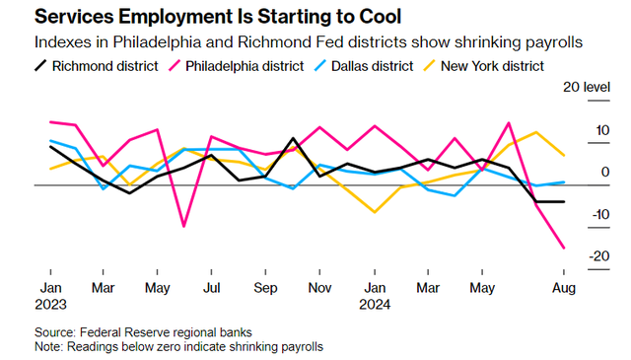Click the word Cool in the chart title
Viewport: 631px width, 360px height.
(x=381, y=17)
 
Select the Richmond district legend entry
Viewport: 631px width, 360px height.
(x=97, y=66)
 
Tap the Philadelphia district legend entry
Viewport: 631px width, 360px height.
(x=237, y=66)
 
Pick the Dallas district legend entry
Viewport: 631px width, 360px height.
(x=364, y=66)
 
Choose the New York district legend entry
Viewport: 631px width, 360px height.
(x=483, y=66)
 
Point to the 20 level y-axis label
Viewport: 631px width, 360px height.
(x=587, y=87)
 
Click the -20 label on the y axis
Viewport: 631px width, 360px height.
(x=599, y=256)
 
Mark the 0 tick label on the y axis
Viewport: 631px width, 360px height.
(x=605, y=172)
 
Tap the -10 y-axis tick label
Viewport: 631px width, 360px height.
(x=600, y=214)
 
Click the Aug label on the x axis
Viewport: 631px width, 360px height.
(x=564, y=288)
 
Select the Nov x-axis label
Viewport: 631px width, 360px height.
(x=319, y=288)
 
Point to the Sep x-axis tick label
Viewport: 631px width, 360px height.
(x=265, y=288)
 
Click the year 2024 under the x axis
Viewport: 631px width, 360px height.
(x=375, y=305)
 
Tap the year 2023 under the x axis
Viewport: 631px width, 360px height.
(x=50, y=305)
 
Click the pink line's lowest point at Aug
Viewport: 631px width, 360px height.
(x=564, y=248)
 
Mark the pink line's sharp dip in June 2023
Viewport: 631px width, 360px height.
(x=184, y=226)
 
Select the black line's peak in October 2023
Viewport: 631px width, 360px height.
(x=293, y=138)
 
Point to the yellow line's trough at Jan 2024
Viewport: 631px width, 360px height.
(x=375, y=212)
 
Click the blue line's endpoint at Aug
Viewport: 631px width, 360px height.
(x=564, y=182)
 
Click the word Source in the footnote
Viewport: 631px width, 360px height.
(x=55, y=332)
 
